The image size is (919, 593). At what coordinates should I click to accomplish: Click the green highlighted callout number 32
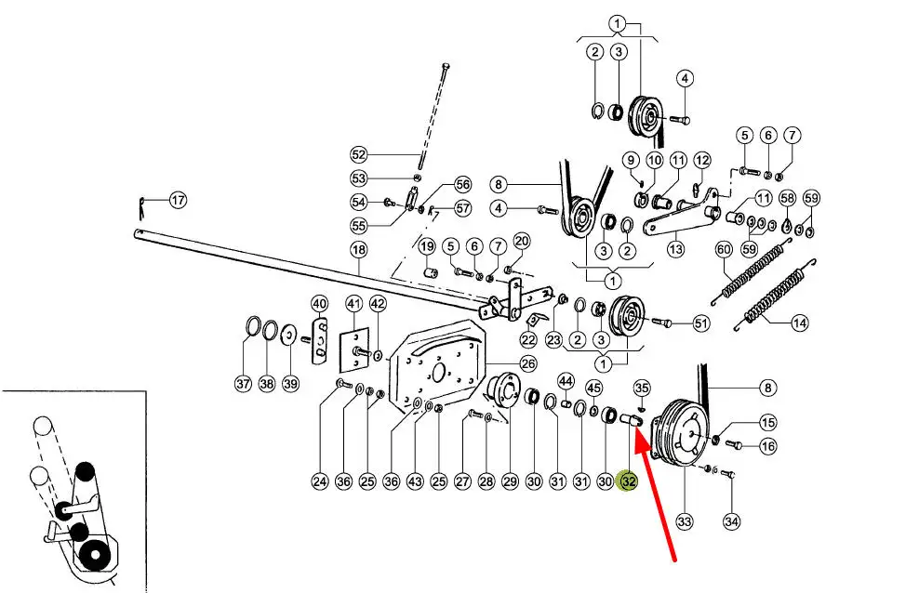point(629,481)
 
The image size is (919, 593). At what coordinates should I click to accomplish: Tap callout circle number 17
point(178,199)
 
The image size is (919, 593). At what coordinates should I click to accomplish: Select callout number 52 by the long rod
point(359,154)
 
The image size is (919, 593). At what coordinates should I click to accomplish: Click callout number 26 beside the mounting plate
point(527,362)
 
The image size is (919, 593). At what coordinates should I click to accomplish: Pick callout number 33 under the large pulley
point(685,521)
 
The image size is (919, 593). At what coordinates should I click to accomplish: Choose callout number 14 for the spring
point(800,323)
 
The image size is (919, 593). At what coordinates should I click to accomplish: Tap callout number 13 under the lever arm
point(675,248)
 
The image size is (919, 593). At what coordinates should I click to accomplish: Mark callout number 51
point(700,323)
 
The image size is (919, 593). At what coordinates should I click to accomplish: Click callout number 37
point(243,383)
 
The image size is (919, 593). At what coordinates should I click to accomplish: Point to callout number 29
point(510,481)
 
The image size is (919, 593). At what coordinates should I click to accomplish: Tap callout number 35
point(642,387)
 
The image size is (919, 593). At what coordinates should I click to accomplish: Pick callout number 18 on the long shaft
point(358,249)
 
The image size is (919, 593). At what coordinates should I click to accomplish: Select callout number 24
point(320,481)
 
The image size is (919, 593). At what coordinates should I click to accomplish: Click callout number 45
point(593,387)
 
